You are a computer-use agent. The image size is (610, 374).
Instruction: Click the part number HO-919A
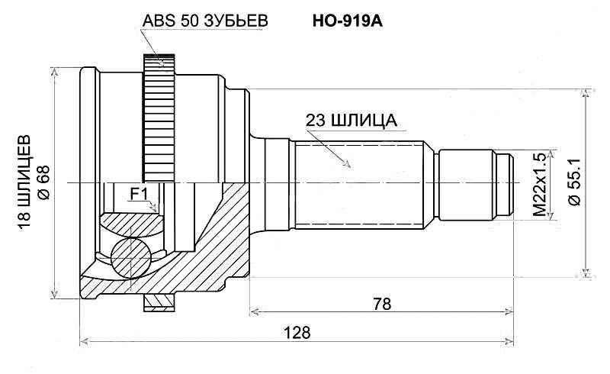[x=347, y=21]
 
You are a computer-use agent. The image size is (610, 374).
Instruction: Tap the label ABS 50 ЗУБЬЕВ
[x=205, y=21]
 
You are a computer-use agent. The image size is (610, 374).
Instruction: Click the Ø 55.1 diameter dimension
[x=574, y=183]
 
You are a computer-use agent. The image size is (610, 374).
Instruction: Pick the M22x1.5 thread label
[x=541, y=183]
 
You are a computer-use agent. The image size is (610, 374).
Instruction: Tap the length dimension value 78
[x=382, y=303]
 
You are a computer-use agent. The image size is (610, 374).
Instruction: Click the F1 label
[x=138, y=195]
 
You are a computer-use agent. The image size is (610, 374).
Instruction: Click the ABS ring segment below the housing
[x=159, y=304]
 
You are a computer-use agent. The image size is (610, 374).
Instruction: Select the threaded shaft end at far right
[x=503, y=183]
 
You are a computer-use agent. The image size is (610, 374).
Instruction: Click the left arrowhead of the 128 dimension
[x=84, y=341]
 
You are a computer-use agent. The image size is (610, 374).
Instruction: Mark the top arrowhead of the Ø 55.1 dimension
[x=586, y=94]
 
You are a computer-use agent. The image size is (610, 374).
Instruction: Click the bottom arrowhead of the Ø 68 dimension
[x=56, y=296]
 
